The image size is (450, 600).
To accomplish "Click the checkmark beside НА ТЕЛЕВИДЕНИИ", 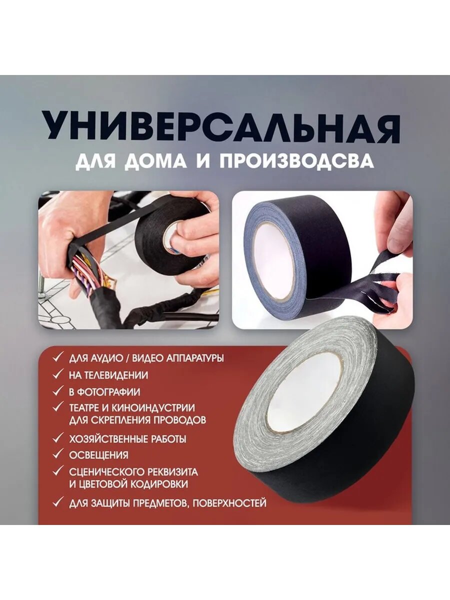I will (x=59, y=374).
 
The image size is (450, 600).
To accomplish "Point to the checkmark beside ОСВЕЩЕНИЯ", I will (x=59, y=454).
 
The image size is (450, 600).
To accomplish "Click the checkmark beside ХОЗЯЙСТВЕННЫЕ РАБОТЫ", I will (x=59, y=438).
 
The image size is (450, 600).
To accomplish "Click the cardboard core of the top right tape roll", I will (x=274, y=260).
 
